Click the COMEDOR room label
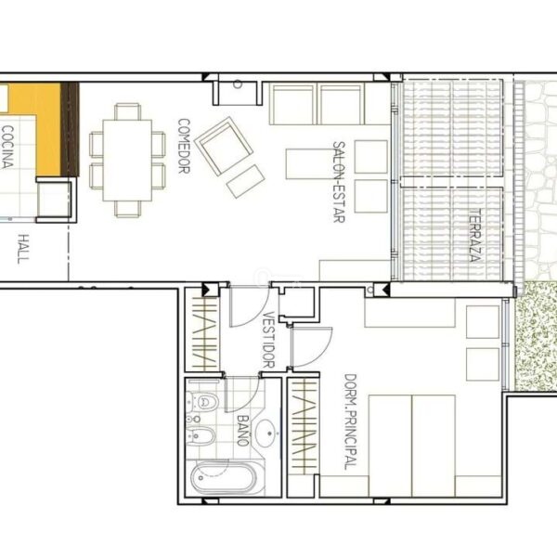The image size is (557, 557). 184,146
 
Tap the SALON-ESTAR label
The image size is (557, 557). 339,182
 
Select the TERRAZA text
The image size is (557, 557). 475,235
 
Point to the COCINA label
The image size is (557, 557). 7,147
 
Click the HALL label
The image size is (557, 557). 23,249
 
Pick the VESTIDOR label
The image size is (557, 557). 269,340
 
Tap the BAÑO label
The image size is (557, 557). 242,430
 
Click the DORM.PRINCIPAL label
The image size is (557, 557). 350,421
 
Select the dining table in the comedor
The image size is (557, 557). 127,161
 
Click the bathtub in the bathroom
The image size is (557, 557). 224,477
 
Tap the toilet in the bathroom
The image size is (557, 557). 202,402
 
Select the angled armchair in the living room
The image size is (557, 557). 224,146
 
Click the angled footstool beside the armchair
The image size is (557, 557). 246,181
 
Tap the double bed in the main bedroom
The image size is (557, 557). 412,446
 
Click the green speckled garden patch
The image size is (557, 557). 537,336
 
